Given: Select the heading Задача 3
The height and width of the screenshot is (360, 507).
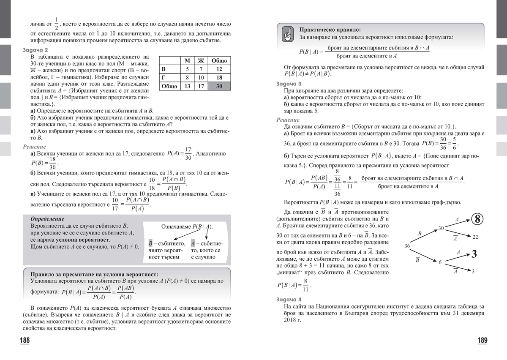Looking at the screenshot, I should [289, 84].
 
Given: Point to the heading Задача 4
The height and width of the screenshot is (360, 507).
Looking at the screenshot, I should [289, 299].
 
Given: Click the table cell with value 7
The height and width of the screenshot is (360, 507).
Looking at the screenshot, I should [201, 69].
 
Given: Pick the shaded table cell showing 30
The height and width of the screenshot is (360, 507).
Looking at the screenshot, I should [219, 87].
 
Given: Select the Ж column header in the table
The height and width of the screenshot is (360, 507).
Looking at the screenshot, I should [201, 60].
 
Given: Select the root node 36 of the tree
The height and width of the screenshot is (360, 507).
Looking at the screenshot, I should [407, 246].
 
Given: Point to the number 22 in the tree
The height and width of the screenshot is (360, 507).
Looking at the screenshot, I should [475, 237].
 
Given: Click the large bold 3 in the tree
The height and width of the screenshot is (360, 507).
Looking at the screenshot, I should [474, 254].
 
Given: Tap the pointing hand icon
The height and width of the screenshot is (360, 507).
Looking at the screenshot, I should [287, 34].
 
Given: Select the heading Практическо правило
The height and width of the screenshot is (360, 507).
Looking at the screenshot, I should [330, 30].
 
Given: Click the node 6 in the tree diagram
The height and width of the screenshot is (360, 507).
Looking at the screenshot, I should [440, 262].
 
